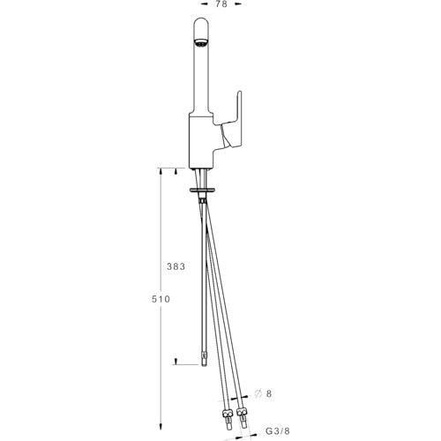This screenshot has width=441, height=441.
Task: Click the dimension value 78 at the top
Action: coord(221,4)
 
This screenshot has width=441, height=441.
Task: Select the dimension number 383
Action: coord(176,266)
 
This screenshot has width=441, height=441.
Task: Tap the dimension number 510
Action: coord(161,299)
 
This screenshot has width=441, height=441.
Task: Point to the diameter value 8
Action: coord(269,393)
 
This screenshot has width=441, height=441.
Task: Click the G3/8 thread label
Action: coord(278,431)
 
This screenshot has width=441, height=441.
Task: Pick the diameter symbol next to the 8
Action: coord(258,393)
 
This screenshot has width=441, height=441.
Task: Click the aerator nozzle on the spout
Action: coord(201,43)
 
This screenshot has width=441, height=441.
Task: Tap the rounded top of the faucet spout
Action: coord(201,25)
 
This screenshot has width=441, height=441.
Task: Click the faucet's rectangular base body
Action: coord(201,141)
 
